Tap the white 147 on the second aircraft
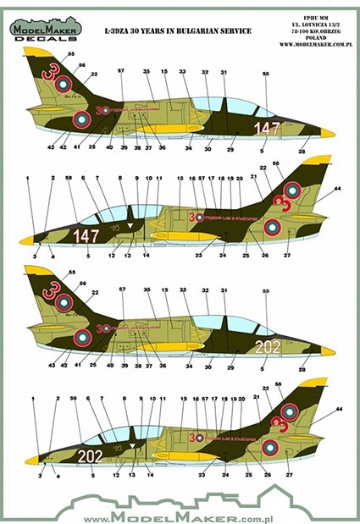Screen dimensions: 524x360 coord(86,234)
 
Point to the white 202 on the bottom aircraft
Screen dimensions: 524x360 coord(90,455)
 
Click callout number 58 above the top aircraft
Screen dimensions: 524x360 coord(265,75)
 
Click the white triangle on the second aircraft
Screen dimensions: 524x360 coord(130,226)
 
